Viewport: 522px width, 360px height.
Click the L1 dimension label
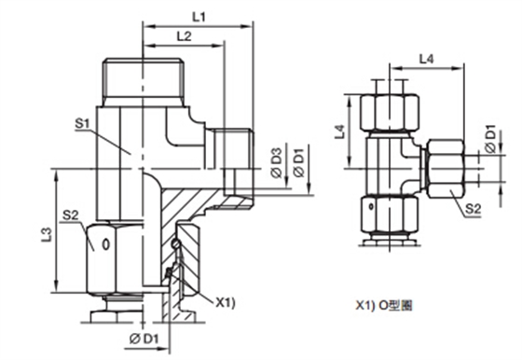click(199, 17)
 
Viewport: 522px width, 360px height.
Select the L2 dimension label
click(184, 36)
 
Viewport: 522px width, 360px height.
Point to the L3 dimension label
click(47, 235)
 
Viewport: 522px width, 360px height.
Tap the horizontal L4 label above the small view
click(427, 60)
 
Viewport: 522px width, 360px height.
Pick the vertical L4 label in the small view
click(340, 132)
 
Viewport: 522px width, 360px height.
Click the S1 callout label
click(82, 124)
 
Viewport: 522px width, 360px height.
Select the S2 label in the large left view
click(70, 215)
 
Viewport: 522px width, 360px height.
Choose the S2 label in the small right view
click(474, 209)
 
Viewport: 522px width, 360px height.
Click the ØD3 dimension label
click(277, 163)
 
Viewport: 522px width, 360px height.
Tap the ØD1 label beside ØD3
click(298, 163)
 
